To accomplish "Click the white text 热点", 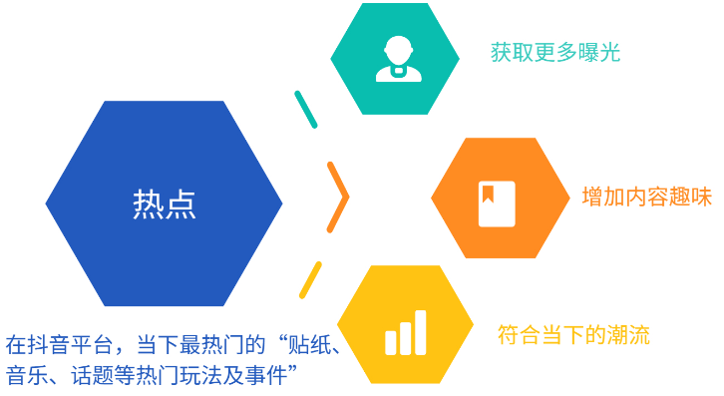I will [164, 203].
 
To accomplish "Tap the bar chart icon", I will [405, 333].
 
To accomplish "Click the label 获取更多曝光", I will [555, 53].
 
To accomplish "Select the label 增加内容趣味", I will [646, 197].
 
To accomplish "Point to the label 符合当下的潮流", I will [573, 335].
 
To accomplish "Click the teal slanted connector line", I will [305, 110].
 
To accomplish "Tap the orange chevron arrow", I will [339, 197].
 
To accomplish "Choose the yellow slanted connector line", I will [310, 280].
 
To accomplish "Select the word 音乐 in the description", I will [26, 375].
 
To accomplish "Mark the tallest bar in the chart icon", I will [420, 332].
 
